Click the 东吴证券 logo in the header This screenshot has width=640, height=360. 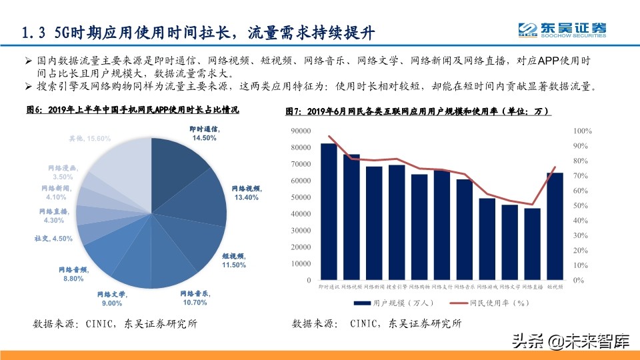coord(563,29)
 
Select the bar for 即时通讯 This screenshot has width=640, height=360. coord(329,211)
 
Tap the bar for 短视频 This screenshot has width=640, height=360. coord(555,226)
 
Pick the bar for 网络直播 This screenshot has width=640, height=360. coord(532,244)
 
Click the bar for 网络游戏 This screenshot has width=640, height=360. coord(487,239)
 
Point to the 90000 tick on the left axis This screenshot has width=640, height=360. coord(301,131)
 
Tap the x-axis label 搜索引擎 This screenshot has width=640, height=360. coord(397,287)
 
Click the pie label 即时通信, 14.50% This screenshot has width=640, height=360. coord(205,132)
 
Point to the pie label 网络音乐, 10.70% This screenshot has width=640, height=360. coord(195,297)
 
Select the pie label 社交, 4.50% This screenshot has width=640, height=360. coord(53,238)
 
